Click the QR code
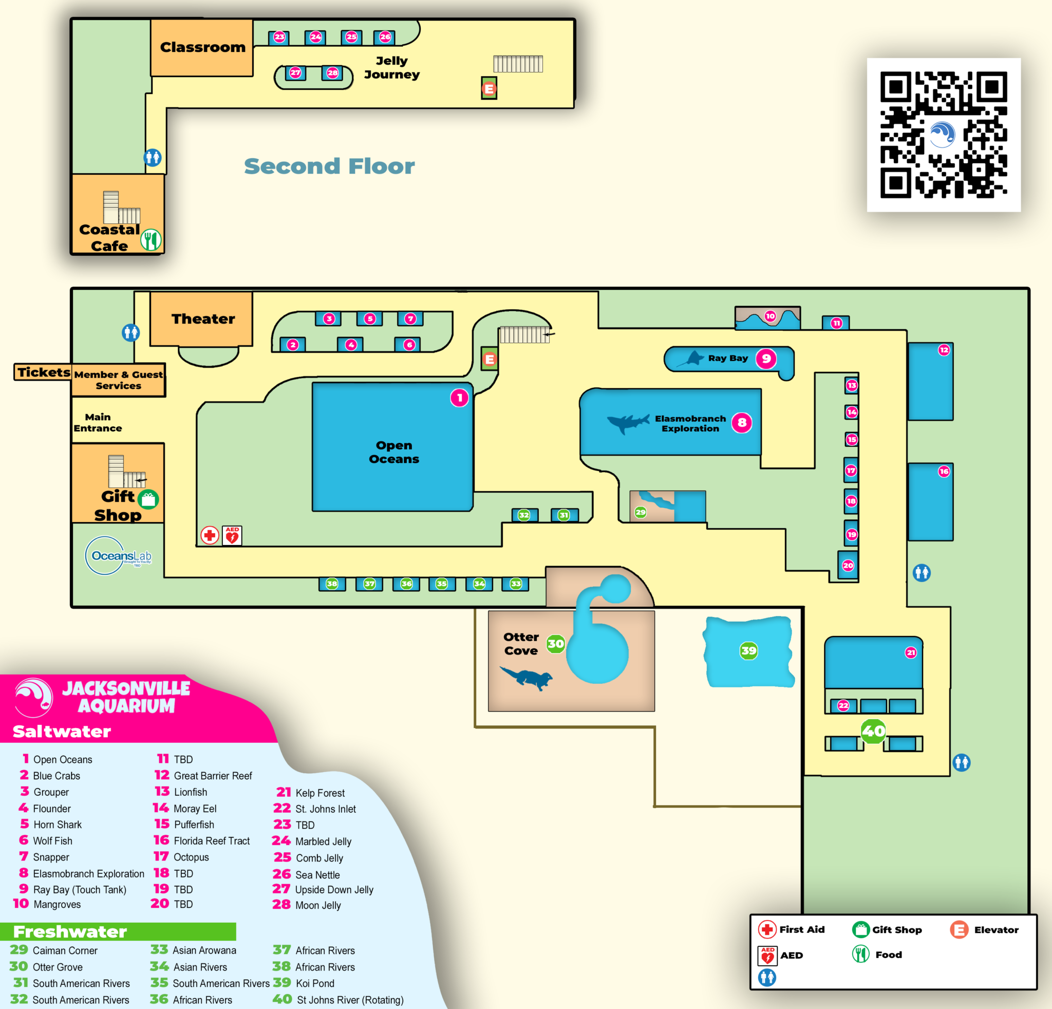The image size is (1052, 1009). [x=943, y=134]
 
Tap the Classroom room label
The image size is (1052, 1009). [x=202, y=47]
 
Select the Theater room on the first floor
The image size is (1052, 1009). [x=202, y=319]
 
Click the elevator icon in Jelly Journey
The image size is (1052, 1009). [x=489, y=88]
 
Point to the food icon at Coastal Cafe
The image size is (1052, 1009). [x=151, y=239]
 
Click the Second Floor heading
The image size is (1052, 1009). [x=329, y=166]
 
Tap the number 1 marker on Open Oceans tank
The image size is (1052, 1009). [x=459, y=398]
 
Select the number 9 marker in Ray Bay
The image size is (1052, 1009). [x=766, y=359]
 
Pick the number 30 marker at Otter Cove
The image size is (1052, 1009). [x=555, y=644]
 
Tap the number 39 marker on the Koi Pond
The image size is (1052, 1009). [x=748, y=650]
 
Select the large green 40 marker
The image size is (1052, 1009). [x=873, y=731]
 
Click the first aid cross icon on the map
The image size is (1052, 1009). [x=210, y=535]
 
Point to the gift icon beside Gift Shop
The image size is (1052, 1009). [x=148, y=500]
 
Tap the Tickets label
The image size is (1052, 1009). [x=43, y=372]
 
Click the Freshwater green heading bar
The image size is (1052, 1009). [x=118, y=932]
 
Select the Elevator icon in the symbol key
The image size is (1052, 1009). [x=959, y=929]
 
